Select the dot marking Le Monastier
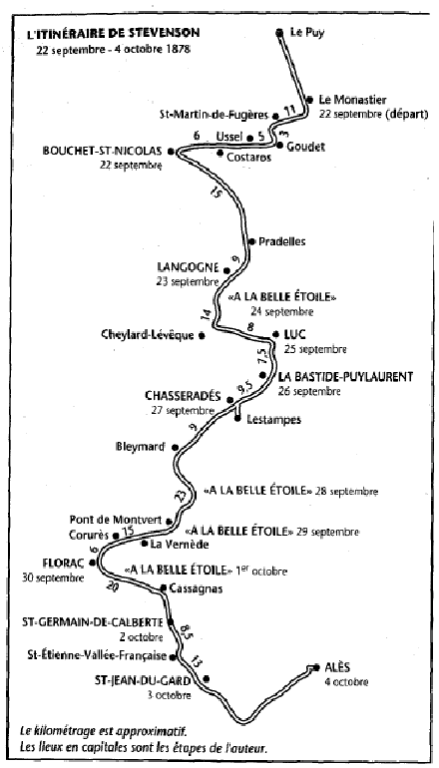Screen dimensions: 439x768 309,100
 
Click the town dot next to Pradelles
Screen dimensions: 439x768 252,241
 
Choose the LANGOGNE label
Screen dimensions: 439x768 188,267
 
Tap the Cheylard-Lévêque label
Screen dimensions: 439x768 147,335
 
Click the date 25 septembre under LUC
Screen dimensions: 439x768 315,350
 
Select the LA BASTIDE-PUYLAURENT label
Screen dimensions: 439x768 346,377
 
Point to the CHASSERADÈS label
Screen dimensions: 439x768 184,396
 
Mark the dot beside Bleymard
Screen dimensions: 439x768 175,447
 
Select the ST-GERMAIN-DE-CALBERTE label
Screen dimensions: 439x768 92,622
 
